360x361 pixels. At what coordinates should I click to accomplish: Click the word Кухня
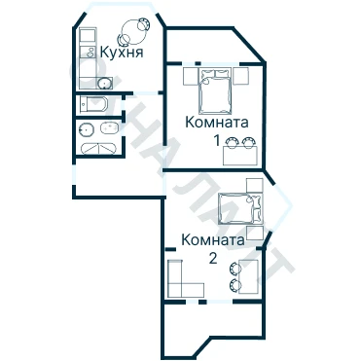coord(122,52)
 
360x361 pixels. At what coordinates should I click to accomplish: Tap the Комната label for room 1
coord(217,123)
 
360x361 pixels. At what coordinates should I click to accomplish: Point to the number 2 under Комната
coord(213,259)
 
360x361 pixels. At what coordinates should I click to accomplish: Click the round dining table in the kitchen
coord(133,32)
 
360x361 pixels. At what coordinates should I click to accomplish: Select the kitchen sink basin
coord(105,84)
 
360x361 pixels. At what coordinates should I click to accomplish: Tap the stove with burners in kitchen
coord(88,52)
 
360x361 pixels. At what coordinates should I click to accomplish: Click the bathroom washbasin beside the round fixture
coord(109,127)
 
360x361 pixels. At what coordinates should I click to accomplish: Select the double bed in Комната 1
coord(216,90)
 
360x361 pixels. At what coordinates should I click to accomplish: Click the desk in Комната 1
coord(240,156)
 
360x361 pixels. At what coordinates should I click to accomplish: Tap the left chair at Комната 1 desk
coord(232,142)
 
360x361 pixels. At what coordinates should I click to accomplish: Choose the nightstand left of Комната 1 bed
coord(191,76)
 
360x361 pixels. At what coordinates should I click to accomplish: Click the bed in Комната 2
coord(240,208)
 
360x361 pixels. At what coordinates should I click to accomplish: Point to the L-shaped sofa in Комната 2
coord(181,282)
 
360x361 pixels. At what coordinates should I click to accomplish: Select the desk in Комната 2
coord(249,276)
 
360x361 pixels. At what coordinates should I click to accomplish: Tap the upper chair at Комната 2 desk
coord(235,269)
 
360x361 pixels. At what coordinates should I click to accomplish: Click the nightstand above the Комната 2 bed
coord(254,185)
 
